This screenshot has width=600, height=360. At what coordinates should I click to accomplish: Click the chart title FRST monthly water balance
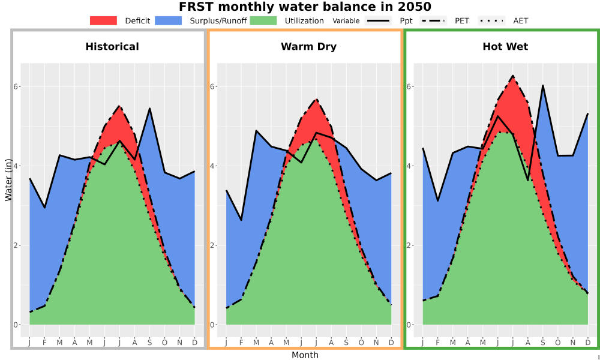click(x=289, y=7)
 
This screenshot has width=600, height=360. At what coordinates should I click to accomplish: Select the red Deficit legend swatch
click(x=103, y=20)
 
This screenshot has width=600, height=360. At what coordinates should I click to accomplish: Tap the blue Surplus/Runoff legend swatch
click(x=169, y=20)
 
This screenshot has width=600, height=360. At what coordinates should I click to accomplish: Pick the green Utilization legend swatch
click(x=263, y=20)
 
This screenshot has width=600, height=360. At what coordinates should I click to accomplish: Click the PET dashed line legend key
click(x=433, y=20)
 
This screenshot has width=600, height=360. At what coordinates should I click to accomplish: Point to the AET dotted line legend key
click(x=491, y=20)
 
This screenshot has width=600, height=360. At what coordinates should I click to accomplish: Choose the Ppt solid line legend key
click(x=377, y=20)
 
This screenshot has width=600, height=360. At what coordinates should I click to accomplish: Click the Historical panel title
click(x=112, y=47)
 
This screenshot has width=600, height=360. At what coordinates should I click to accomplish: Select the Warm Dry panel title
click(x=309, y=47)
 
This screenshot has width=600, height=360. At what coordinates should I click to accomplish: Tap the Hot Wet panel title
click(x=505, y=47)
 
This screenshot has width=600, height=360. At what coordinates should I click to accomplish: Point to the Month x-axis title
click(x=305, y=355)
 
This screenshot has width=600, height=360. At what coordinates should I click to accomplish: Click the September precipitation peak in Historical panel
click(x=149, y=108)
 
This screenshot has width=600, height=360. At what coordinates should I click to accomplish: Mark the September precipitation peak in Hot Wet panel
click(x=542, y=85)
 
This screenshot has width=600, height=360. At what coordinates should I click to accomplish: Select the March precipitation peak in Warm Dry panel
click(x=256, y=130)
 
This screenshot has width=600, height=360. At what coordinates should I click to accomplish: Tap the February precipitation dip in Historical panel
click(x=45, y=208)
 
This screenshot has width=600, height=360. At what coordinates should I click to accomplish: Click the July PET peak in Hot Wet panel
click(x=513, y=76)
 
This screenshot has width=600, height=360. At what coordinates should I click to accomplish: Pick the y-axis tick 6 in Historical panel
click(x=16, y=86)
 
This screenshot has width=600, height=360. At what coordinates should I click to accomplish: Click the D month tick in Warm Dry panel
click(x=391, y=343)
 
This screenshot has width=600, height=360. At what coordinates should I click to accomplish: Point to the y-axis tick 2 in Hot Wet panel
click(x=409, y=245)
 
